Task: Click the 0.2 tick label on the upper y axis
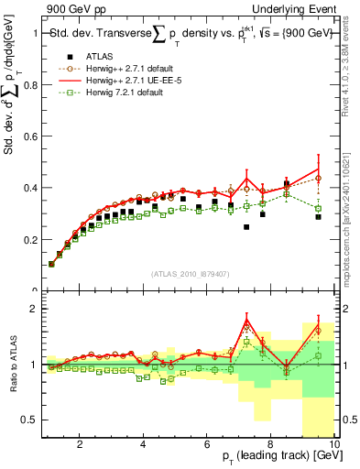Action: point(32,240)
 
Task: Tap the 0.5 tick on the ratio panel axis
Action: point(32,420)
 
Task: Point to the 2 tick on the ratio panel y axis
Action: point(36,309)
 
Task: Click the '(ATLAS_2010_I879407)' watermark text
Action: point(190,274)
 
